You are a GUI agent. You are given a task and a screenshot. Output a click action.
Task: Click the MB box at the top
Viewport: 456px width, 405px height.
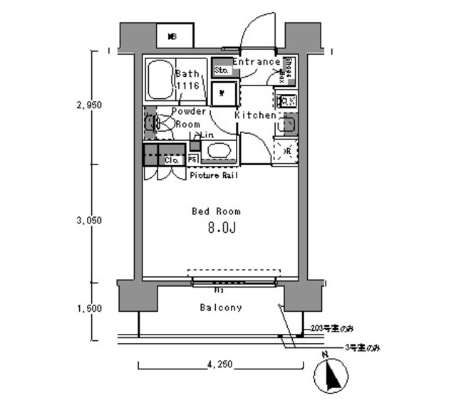tap(172, 36)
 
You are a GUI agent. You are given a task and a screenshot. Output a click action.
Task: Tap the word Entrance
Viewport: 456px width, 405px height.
tap(256, 62)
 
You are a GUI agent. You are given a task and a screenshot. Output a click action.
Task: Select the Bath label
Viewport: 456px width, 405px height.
tap(187, 73)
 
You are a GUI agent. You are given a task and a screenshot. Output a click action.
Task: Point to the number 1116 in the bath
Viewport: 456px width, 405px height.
tap(187, 85)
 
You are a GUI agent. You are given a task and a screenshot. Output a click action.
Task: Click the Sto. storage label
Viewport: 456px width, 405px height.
tap(221, 70)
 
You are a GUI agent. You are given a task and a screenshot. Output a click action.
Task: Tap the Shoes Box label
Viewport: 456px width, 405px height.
tap(289, 68)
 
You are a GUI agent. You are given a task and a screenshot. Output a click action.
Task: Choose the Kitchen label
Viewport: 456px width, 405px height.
tap(255, 115)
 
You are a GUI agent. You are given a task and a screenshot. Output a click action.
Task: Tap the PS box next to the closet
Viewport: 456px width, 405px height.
tap(192, 160)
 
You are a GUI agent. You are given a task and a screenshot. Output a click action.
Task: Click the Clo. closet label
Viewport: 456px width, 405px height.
tap(171, 161)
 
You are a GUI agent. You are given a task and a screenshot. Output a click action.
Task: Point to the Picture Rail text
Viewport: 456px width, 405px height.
tap(214, 175)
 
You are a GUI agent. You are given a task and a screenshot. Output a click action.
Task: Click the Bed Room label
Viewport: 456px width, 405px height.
tap(216, 211)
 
